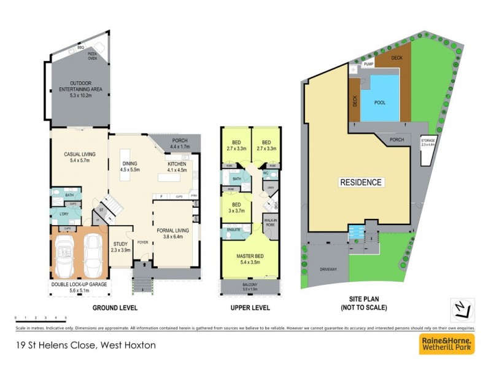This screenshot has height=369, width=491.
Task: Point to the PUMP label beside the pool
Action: tap(369, 64)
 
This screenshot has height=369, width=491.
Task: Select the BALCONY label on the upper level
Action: tap(250, 286)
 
